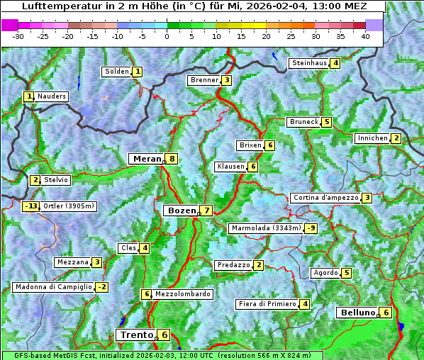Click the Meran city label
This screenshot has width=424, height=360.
click(147, 159)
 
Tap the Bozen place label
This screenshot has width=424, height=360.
click(180, 210)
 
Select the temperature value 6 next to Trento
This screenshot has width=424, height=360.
click(164, 335)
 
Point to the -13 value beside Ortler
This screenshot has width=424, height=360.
click(30, 207)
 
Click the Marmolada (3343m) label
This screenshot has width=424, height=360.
click(265, 228)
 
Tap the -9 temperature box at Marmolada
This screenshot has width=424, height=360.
click(311, 228)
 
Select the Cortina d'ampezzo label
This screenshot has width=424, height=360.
click(325, 198)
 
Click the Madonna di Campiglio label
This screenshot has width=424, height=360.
click(53, 287)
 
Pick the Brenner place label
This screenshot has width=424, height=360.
click(203, 80)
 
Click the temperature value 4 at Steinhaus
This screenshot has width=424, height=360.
click(335, 63)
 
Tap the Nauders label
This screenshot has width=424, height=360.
click(51, 96)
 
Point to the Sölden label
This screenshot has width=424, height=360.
click(116, 72)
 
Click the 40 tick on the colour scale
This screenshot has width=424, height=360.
click(365, 36)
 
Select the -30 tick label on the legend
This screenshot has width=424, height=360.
click(18, 36)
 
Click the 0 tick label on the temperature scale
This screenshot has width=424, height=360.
click(167, 36)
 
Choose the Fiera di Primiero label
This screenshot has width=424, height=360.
click(267, 304)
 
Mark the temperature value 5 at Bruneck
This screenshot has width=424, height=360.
click(326, 122)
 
